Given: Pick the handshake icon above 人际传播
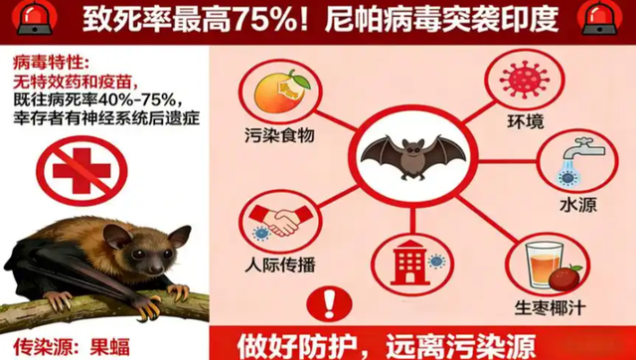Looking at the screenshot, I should pos(273,222).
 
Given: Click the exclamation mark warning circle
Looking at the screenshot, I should pos(325,302).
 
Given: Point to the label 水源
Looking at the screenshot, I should pos(573,206).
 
